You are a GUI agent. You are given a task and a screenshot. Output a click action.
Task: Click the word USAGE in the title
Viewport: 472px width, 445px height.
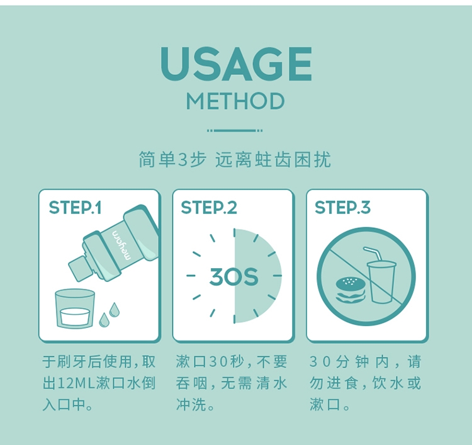(236, 64)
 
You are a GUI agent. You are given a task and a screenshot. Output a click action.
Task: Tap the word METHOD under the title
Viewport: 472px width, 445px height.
(235, 101)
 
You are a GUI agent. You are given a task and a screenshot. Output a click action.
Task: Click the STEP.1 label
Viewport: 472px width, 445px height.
(76, 208)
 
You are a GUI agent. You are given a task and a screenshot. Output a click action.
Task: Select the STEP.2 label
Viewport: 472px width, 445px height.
(209, 208)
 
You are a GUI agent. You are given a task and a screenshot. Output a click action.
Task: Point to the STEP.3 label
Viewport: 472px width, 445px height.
(342, 208)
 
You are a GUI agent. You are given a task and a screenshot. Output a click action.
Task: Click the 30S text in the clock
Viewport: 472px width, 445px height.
(234, 277)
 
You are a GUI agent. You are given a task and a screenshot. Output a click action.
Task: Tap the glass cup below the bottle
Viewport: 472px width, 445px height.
(75, 308)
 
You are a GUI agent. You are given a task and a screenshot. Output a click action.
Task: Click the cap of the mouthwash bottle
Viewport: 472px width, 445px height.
(79, 269)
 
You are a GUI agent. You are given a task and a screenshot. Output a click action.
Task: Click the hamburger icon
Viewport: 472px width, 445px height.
(351, 290)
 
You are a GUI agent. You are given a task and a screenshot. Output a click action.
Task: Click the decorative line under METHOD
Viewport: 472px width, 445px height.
(235, 131)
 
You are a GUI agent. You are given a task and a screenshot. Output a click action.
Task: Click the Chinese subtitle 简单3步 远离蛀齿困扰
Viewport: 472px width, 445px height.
(235, 159)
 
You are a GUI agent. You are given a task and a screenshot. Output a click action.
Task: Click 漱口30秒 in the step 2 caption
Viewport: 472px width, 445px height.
(211, 361)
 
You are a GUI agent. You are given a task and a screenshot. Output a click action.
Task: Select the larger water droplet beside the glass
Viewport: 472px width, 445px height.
(114, 310)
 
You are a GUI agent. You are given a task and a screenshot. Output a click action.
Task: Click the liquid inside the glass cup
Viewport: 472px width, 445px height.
(75, 317)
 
